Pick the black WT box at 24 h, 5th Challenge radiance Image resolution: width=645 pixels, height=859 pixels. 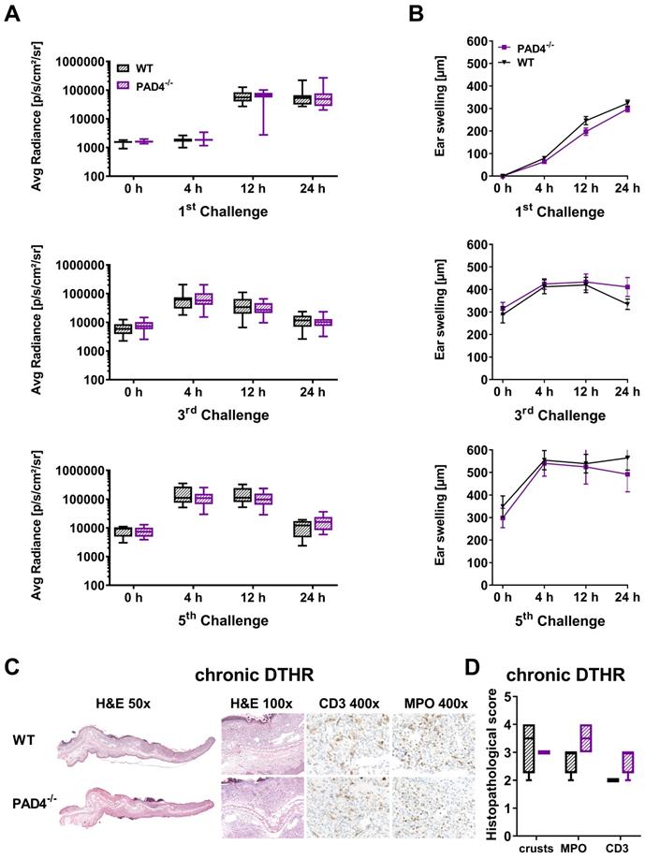250,529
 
